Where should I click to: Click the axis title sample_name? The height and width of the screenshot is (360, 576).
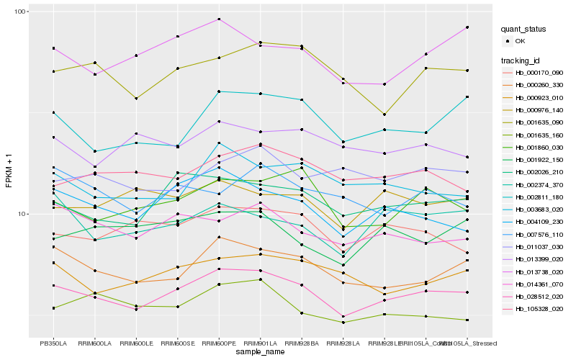260,353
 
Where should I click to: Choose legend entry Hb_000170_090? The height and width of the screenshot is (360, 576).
539,73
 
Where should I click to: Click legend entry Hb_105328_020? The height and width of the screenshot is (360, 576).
539,308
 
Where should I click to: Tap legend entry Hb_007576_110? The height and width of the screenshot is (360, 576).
539,234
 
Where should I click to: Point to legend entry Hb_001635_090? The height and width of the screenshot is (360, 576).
539,122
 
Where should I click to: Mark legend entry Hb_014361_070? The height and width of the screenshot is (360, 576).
539,284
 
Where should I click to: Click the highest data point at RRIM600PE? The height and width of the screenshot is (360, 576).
219,19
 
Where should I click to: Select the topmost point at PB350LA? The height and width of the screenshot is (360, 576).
53,48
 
